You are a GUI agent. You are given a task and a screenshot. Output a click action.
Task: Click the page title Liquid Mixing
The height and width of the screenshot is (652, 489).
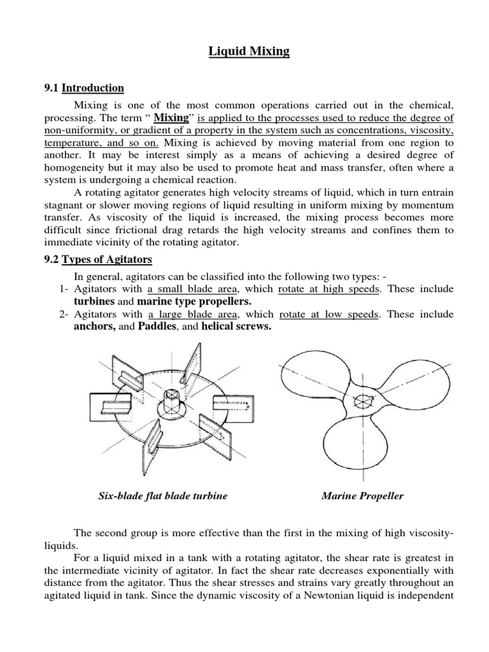(x=249, y=51)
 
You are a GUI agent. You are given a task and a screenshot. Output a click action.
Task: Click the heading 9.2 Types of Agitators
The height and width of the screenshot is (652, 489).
(x=108, y=260)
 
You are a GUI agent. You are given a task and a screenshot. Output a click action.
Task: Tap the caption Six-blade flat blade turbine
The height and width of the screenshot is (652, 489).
(x=162, y=496)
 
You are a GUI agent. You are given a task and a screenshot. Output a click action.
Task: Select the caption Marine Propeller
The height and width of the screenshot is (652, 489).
(x=362, y=496)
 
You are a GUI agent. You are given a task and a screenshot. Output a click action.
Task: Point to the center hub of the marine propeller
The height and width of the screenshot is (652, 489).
(x=364, y=402)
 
